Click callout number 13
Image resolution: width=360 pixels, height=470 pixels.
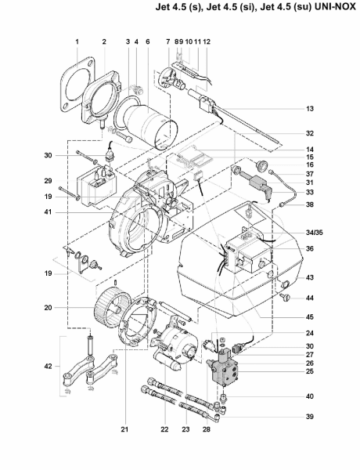310,109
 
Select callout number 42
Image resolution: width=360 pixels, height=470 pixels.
48,367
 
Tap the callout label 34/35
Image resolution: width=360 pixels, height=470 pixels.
315,233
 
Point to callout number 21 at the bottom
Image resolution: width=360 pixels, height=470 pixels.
124,429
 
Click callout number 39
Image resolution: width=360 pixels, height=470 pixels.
310,417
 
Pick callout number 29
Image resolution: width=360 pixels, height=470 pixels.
48,181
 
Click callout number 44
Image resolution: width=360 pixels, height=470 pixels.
310,298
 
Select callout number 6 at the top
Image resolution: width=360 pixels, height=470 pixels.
148,42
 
